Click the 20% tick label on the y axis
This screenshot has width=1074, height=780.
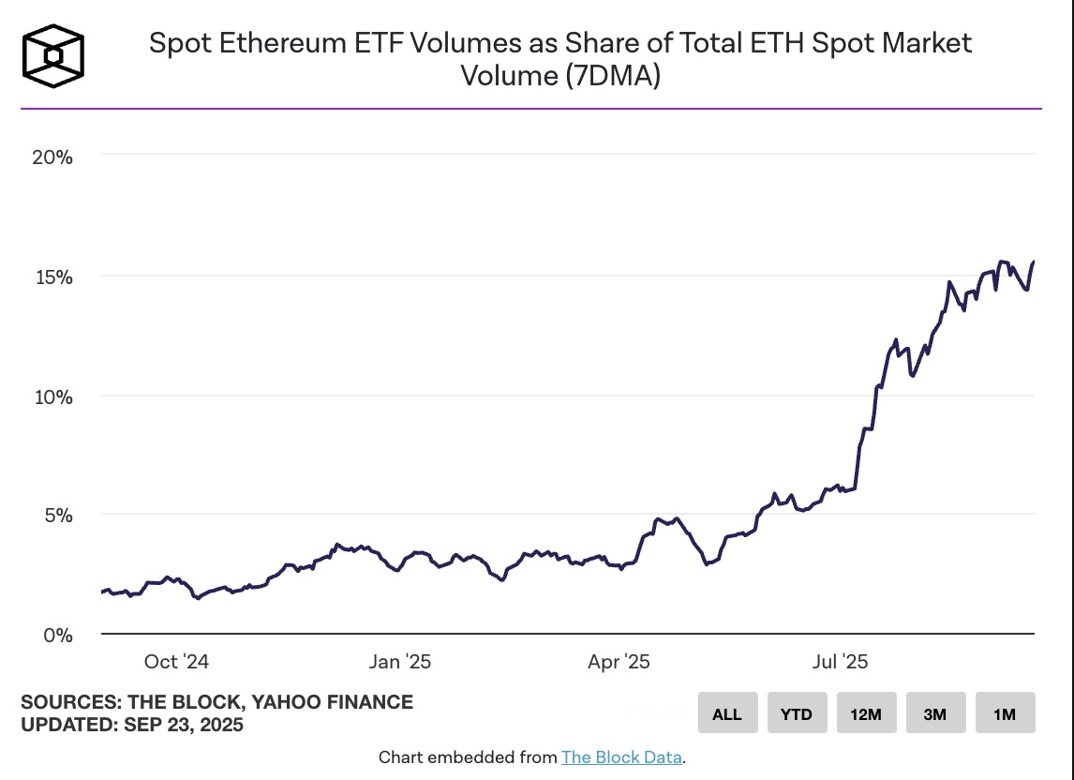52,157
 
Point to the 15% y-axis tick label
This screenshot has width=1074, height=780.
52,277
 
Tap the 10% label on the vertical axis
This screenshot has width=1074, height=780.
52,397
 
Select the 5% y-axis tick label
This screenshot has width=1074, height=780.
58,516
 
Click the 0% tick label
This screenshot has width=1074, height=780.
58,636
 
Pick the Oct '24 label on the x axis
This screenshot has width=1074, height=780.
176,662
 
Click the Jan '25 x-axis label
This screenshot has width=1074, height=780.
400,662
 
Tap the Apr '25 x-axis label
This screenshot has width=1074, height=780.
619,662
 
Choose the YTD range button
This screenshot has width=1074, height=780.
797,713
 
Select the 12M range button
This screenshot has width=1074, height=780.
866,713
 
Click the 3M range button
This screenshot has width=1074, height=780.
935,713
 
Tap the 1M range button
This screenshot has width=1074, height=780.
1005,713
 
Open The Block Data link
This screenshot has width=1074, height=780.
621,757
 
